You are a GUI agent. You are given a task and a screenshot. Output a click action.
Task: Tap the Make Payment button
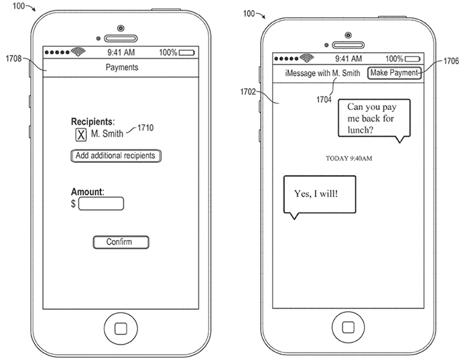395,72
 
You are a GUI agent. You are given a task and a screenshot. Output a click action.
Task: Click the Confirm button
120,242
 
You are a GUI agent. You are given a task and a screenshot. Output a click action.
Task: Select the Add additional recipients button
116,156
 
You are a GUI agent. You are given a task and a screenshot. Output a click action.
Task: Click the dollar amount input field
100,204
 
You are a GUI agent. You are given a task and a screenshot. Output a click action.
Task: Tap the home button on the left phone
121,328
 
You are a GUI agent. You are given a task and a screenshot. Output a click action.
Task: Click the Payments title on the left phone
122,68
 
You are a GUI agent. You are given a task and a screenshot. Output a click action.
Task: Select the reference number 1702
250,91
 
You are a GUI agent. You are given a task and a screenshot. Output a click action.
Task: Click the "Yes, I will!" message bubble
317,194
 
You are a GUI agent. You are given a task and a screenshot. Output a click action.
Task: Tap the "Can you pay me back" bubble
374,117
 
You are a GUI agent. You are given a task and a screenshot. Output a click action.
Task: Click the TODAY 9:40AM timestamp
348,158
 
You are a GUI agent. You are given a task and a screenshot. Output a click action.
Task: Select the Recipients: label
92,122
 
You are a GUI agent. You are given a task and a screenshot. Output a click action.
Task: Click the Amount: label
87,192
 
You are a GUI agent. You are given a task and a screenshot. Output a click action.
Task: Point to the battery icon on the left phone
187,52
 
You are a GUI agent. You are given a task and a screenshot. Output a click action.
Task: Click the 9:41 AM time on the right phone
347,59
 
